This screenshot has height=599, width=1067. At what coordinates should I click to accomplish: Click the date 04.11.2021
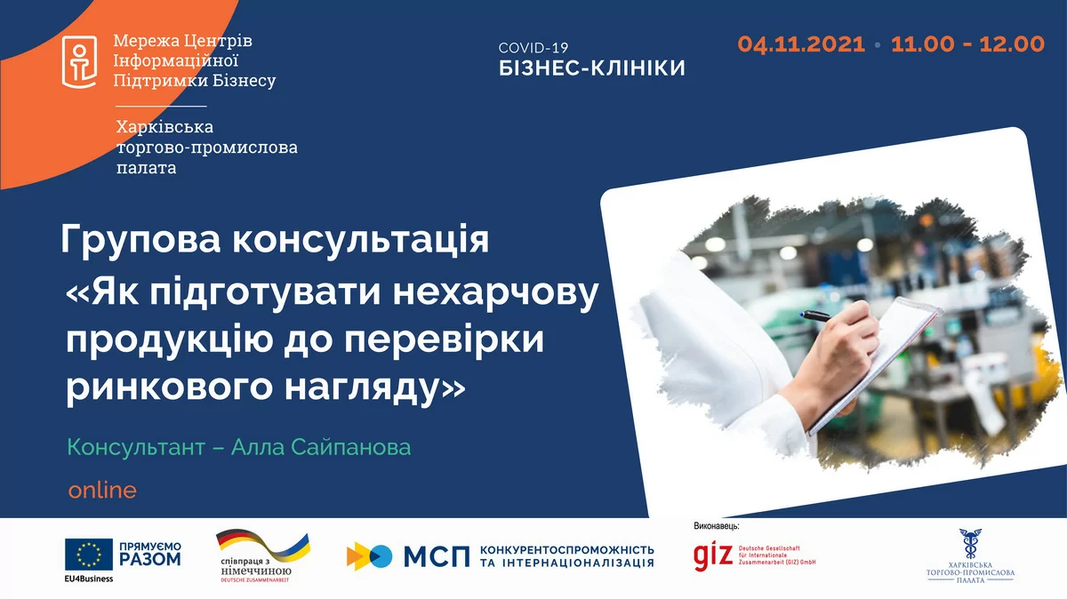800,44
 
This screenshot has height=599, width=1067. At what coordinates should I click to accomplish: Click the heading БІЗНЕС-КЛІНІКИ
591,68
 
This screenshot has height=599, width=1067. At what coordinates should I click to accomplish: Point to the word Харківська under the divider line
164,127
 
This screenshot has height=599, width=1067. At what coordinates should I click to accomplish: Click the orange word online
102,490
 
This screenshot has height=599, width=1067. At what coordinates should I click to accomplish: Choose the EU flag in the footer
88,555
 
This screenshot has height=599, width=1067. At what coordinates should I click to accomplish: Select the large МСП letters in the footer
436,557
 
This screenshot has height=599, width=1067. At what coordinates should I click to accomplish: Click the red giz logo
713,555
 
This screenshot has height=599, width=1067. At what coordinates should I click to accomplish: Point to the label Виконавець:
716,527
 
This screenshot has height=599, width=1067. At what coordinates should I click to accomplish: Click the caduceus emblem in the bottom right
970,541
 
